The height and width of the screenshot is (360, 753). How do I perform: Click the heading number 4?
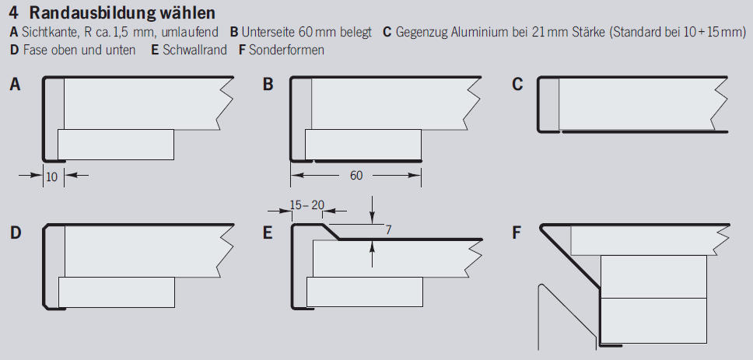[x=14, y=14]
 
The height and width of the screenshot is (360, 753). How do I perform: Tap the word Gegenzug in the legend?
[x=423, y=33]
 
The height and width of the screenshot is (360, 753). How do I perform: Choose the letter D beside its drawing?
[x=15, y=232]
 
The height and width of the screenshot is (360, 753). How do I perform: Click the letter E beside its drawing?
[x=268, y=232]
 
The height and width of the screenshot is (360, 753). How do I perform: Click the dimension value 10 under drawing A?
[x=52, y=177]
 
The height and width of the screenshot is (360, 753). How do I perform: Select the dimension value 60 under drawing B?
[x=355, y=176]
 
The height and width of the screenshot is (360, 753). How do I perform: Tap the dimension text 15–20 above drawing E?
[x=306, y=204]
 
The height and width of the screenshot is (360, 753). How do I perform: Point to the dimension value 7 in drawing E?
[x=389, y=230]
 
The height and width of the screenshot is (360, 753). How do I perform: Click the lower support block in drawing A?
[x=116, y=144]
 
